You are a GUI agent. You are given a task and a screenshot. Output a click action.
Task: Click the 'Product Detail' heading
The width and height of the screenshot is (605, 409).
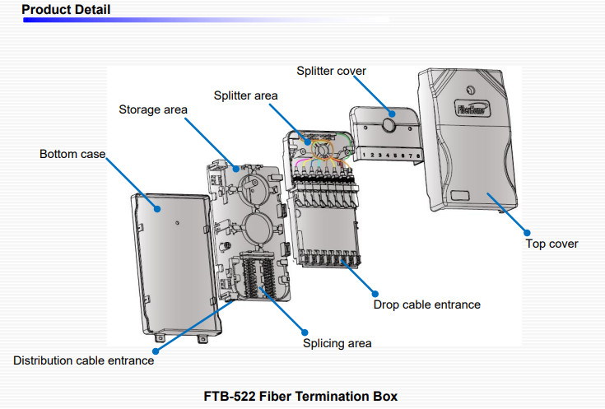[x=66, y=10]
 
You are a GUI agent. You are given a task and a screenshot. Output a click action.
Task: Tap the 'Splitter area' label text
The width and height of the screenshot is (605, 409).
[x=246, y=95]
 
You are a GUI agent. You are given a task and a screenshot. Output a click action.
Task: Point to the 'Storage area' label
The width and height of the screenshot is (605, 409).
[x=153, y=109]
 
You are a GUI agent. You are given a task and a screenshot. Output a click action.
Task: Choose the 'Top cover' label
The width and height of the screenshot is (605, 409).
[x=552, y=244]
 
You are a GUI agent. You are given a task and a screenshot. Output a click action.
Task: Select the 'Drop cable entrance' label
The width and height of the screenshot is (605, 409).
[x=426, y=304]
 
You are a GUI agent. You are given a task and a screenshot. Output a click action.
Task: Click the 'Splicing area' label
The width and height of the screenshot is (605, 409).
[x=337, y=342]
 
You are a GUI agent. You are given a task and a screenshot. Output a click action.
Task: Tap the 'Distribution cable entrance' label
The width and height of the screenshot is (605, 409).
[x=83, y=360]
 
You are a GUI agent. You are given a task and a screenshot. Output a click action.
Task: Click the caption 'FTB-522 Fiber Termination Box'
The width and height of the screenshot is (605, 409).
[x=300, y=396]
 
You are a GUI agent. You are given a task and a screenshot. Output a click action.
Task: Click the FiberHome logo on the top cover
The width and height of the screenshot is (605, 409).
[x=470, y=107]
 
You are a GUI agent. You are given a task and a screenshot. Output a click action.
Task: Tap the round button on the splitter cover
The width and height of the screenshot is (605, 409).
[x=388, y=127]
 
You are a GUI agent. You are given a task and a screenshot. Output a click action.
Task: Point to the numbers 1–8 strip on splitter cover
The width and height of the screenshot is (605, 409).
[x=393, y=155]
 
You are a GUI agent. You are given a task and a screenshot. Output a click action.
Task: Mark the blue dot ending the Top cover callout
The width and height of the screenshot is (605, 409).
[x=528, y=233]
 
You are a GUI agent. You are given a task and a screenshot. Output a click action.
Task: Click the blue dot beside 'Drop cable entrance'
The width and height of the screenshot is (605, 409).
[x=375, y=293]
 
